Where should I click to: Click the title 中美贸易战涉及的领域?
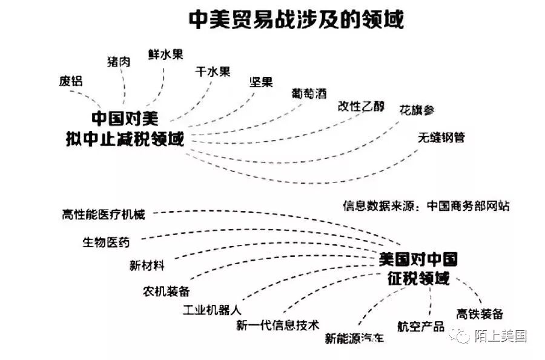pos(296,19)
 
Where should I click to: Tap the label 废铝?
pos(71,81)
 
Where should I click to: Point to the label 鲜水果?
pos(165,54)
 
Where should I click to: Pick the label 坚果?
pos(261,82)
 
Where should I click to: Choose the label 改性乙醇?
pos(361,106)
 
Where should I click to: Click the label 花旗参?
pos(416,110)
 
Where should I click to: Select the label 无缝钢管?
pos(441,137)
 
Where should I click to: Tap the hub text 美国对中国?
pos(417,259)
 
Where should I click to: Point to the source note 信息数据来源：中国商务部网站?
pos(426,205)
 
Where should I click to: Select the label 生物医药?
pos(106,242)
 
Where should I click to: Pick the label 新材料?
pos(147,265)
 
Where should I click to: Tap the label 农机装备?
pos(167,290)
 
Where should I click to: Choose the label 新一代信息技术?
pos(277,325)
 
